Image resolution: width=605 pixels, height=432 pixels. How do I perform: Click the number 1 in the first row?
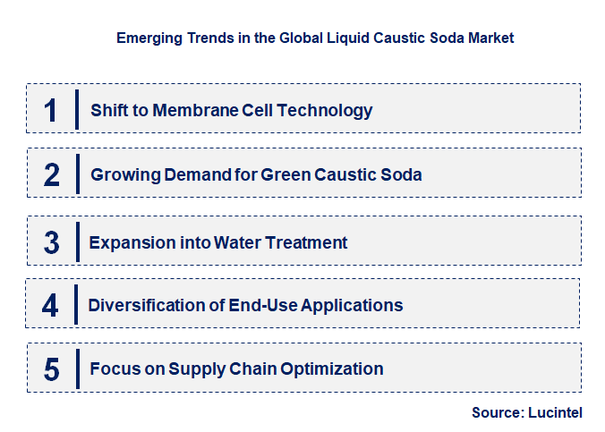[50, 110]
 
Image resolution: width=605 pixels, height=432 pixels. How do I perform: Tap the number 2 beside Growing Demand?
[52, 174]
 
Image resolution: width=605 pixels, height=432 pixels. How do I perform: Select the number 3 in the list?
[52, 241]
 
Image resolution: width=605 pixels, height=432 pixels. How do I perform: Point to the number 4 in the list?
[50, 306]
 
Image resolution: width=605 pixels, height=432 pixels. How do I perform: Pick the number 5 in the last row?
[52, 368]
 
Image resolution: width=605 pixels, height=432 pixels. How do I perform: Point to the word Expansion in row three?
[126, 241]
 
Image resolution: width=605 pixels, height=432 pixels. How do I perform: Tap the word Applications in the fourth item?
[352, 305]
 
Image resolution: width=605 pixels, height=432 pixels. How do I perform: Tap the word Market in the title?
[490, 38]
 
